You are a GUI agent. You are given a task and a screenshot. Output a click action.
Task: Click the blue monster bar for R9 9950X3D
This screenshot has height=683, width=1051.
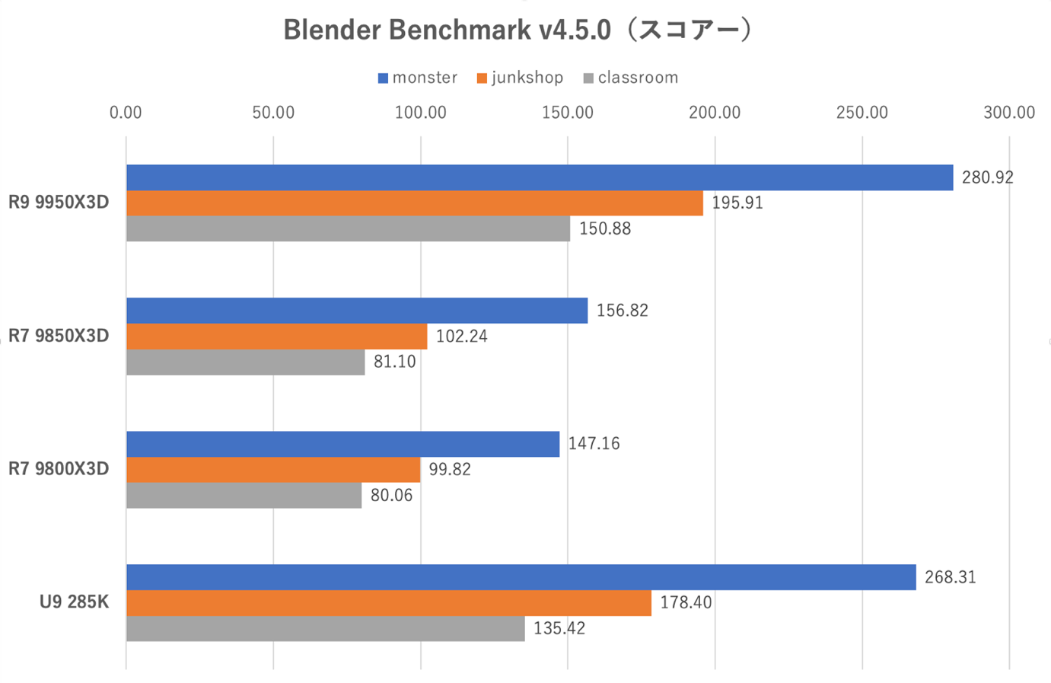point(539,177)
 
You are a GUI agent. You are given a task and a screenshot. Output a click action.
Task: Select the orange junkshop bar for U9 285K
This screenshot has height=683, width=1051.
point(388,603)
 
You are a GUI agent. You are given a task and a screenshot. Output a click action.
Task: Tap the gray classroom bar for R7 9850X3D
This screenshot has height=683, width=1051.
point(245,362)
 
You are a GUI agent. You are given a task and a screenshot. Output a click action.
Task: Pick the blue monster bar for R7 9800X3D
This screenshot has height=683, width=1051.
point(342,444)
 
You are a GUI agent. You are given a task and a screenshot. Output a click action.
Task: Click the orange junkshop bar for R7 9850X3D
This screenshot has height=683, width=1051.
point(276,337)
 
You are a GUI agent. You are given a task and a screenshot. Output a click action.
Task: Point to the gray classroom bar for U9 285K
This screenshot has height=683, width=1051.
point(325,629)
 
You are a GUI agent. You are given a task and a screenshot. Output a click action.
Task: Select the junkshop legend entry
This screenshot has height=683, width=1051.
point(520,78)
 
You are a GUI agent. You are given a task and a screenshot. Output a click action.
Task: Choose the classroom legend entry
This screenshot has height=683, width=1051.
point(630,78)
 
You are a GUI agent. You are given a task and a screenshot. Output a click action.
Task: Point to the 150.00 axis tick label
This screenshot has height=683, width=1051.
point(568,113)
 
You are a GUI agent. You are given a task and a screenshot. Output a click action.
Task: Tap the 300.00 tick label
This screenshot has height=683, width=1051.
point(1009,113)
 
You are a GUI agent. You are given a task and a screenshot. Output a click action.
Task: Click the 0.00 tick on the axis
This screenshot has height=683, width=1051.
point(126,113)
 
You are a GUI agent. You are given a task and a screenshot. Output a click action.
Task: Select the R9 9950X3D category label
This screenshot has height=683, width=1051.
point(59,203)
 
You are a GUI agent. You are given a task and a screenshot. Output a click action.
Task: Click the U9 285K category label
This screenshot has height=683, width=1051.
point(74,602)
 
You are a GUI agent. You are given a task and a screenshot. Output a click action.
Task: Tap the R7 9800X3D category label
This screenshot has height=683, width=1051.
point(59,469)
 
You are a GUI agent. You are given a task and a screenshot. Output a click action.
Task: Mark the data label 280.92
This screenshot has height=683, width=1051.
point(988,177)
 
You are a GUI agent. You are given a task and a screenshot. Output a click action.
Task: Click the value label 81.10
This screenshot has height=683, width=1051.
point(394,362)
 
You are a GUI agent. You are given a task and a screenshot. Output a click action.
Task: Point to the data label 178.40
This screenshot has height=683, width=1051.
point(686,602)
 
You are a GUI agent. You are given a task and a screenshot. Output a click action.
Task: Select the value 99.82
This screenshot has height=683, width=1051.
point(450,469)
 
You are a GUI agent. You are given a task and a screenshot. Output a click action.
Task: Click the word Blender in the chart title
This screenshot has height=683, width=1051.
point(331,30)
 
